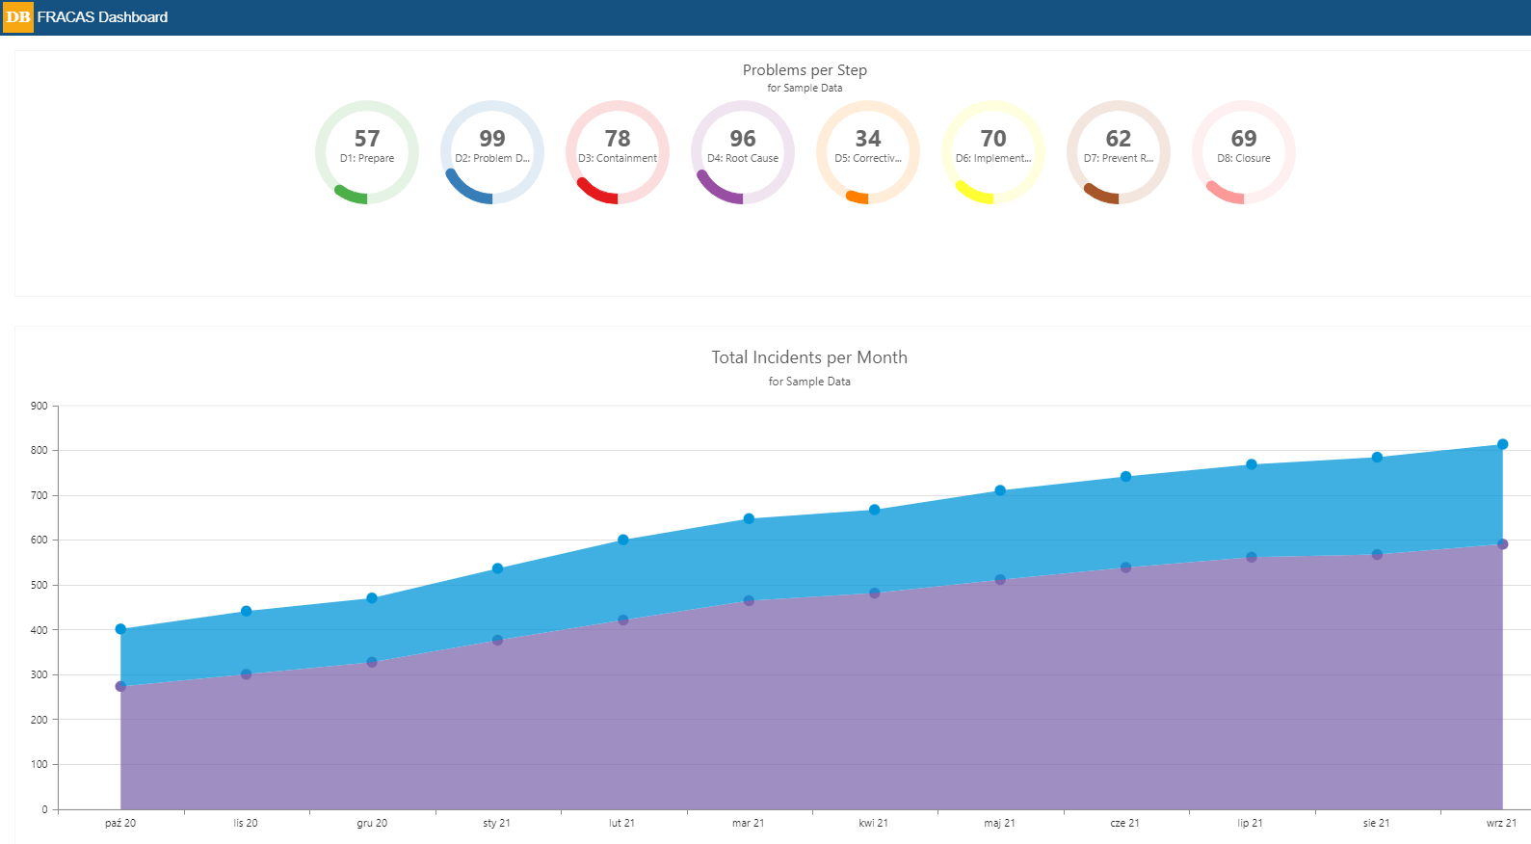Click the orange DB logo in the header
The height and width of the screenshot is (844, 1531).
[x=18, y=17]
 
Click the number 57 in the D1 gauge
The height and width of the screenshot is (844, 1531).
[x=367, y=139]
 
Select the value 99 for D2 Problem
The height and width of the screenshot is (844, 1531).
[x=492, y=139]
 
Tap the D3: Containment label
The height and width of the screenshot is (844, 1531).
[x=618, y=159]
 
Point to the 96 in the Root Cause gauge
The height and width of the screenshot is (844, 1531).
[x=743, y=139]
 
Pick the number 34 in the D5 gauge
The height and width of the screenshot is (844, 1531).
[x=868, y=139]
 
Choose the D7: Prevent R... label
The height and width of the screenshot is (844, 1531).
[x=1119, y=159]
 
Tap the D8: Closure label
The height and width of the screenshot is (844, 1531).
[x=1244, y=159]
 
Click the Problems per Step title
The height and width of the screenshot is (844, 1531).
[x=805, y=70]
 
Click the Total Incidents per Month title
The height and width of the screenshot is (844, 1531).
[x=809, y=357]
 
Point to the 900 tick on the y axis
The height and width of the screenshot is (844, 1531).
[x=39, y=407]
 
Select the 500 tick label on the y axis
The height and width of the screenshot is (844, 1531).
[x=39, y=586]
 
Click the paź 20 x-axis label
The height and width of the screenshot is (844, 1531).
[x=120, y=824]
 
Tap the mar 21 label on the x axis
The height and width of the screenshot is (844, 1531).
[x=748, y=824]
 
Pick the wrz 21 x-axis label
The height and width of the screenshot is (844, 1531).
[x=1501, y=824]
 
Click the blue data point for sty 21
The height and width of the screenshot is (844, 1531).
[x=497, y=568]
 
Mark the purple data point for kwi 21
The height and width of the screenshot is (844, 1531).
[x=874, y=593]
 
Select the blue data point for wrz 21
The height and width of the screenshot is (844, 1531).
[x=1502, y=444]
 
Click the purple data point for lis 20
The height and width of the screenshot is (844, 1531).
[x=246, y=674]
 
